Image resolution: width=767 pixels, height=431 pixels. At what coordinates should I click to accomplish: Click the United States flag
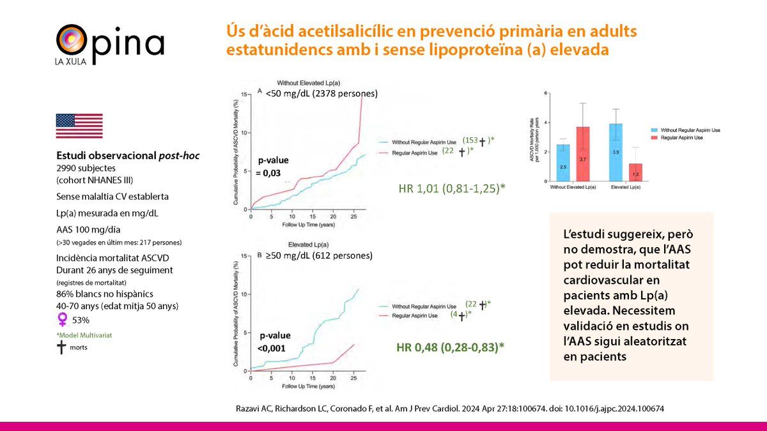[x=79, y=126]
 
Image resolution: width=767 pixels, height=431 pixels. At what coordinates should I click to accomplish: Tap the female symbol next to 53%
[x=62, y=319]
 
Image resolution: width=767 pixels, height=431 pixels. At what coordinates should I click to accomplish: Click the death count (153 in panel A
[x=469, y=140]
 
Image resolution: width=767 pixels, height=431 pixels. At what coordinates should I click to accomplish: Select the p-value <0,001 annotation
[x=274, y=341]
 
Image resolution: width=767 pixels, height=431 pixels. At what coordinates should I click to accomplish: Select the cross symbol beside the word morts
[x=62, y=346]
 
